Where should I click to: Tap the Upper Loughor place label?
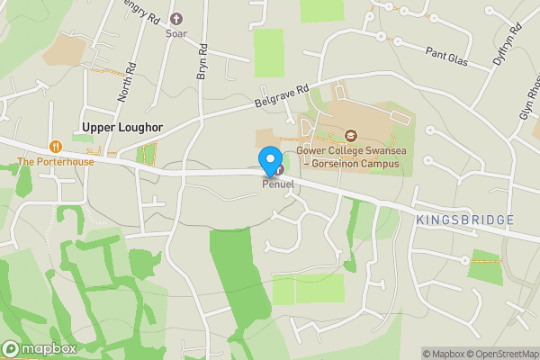point(122,128)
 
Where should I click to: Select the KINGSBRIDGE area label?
point(465,220)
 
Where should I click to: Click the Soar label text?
point(176,33)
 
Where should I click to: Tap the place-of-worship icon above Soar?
point(176,18)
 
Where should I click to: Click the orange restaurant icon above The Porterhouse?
point(56,146)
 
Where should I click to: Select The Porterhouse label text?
point(55,162)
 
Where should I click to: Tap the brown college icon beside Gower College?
point(351,136)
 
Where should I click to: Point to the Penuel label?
point(278,184)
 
